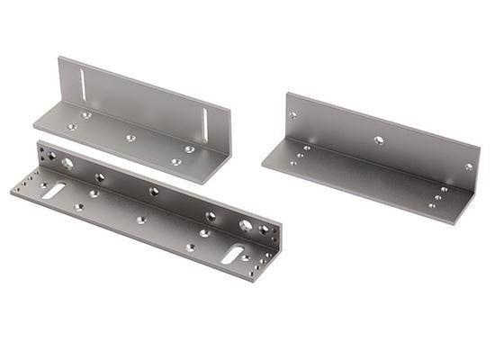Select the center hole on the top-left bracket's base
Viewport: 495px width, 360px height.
point(130,138)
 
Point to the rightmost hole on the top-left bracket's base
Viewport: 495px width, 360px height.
point(189,149)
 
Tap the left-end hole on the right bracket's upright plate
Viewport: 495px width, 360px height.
point(293,115)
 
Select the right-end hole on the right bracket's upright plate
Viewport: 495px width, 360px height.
point(468,166)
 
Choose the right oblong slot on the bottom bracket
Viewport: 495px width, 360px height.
point(232,256)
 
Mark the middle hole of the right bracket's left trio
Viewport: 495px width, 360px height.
point(300,156)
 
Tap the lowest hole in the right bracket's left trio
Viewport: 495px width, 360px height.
point(292,163)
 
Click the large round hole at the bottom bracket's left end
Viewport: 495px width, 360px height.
point(67,164)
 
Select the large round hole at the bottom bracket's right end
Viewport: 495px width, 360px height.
point(246,225)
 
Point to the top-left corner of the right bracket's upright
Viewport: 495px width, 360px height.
point(287,93)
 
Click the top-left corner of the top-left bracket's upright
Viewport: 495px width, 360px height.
point(59,58)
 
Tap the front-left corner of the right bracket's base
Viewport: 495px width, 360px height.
point(262,165)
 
